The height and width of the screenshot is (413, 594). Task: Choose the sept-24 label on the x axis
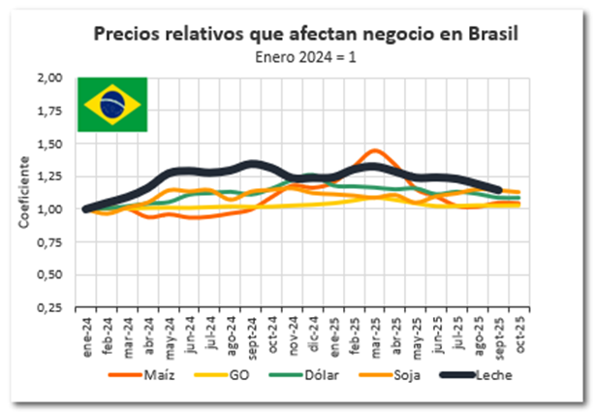tap(251, 334)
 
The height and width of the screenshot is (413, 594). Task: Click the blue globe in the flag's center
tap(111, 102)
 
